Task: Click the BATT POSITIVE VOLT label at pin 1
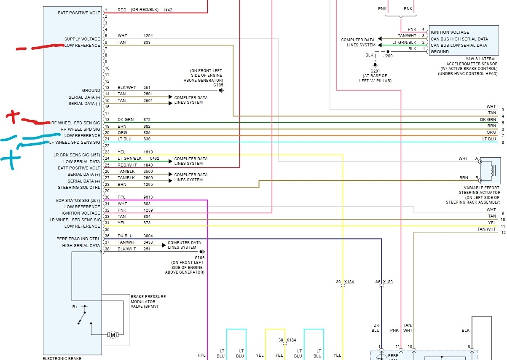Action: (x=79, y=13)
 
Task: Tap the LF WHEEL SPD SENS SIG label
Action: (x=75, y=142)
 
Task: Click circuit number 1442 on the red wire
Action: (x=167, y=10)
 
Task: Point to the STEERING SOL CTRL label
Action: (x=79, y=188)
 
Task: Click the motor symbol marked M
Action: (x=113, y=335)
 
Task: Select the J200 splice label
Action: (x=388, y=55)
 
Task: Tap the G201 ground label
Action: (x=375, y=71)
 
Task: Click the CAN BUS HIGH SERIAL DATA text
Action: (x=459, y=39)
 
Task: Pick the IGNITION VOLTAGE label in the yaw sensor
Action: (x=450, y=32)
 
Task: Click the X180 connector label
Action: (x=388, y=282)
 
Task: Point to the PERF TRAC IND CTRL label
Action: (x=78, y=239)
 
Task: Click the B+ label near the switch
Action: (x=75, y=307)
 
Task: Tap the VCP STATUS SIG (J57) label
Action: (x=78, y=200)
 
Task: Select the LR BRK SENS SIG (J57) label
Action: (x=75, y=155)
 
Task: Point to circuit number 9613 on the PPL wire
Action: (x=148, y=197)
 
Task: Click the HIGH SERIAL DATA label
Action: (x=81, y=245)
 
